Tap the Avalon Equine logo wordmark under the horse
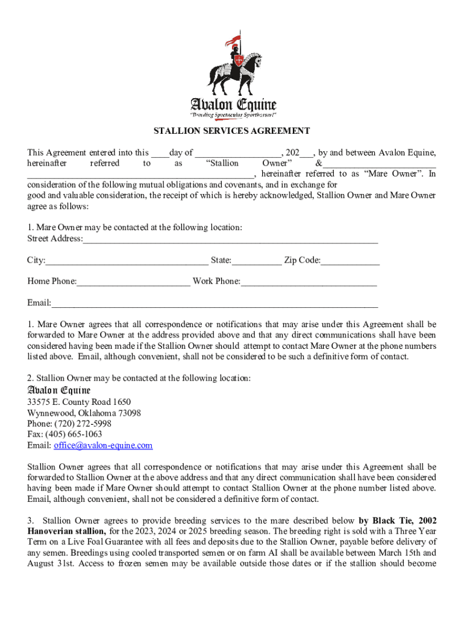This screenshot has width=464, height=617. point(233,104)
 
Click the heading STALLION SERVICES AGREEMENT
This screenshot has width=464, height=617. point(231,131)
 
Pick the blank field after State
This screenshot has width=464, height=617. point(256,260)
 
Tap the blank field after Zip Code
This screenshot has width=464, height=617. point(350,260)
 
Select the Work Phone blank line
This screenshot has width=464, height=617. point(309,281)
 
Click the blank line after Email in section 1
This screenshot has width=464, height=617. point(215,302)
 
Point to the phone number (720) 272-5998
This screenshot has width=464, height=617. point(84,424)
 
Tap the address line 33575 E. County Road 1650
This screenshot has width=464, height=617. point(79,402)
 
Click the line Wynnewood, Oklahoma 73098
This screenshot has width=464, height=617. point(84,413)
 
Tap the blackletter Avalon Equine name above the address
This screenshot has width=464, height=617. point(58,390)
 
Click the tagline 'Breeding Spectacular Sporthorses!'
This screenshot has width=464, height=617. point(233,114)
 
